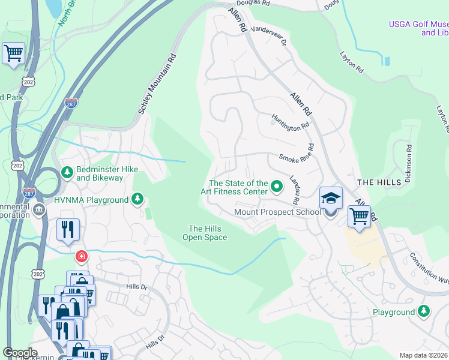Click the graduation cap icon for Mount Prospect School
330,199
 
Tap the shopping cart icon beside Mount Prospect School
359,215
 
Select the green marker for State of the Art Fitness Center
277,187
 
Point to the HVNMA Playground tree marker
138,199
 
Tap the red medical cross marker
81,257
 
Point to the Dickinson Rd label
408,163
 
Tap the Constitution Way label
430,268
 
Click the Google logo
20,352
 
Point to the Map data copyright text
423,355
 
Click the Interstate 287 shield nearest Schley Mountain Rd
71,105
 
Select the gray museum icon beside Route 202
39,209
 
